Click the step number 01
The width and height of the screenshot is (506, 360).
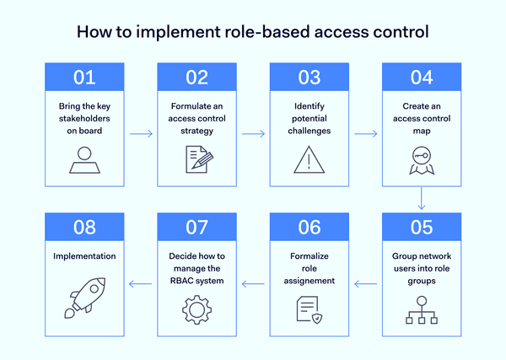point(84,78)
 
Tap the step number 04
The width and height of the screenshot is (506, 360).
point(421,78)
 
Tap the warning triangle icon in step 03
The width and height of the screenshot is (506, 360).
point(309,159)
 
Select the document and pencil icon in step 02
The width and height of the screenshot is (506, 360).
point(196,159)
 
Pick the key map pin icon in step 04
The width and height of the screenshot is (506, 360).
point(421,160)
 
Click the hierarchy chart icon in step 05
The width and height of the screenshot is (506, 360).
point(421,310)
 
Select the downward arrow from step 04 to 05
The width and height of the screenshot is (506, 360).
point(421,199)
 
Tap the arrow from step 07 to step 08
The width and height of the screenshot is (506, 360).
point(140,283)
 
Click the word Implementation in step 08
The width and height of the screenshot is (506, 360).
point(83,256)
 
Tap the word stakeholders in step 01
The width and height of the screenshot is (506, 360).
point(84,120)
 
